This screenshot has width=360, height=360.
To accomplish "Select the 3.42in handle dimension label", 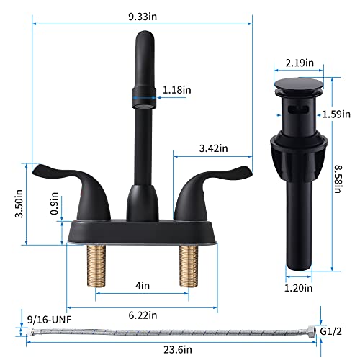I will [x=212, y=148].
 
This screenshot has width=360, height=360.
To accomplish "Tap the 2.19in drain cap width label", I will [x=300, y=63].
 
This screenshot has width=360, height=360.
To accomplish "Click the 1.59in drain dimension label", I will [x=336, y=114].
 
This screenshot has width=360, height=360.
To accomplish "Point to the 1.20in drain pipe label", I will [x=300, y=288].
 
